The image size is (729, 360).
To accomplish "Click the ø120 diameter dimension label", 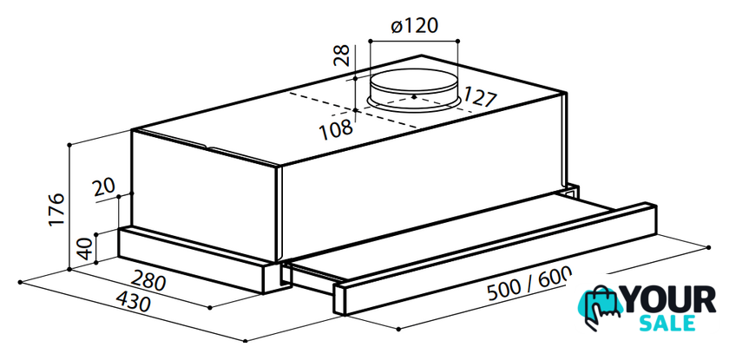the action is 415,26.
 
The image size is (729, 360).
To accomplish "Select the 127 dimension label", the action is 480,96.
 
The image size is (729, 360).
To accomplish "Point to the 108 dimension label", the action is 336,129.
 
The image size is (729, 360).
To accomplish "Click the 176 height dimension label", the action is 56,210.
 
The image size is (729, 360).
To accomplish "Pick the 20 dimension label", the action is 103,188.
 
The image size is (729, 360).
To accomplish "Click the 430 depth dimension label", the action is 133,302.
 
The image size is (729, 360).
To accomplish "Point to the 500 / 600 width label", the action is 529,286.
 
